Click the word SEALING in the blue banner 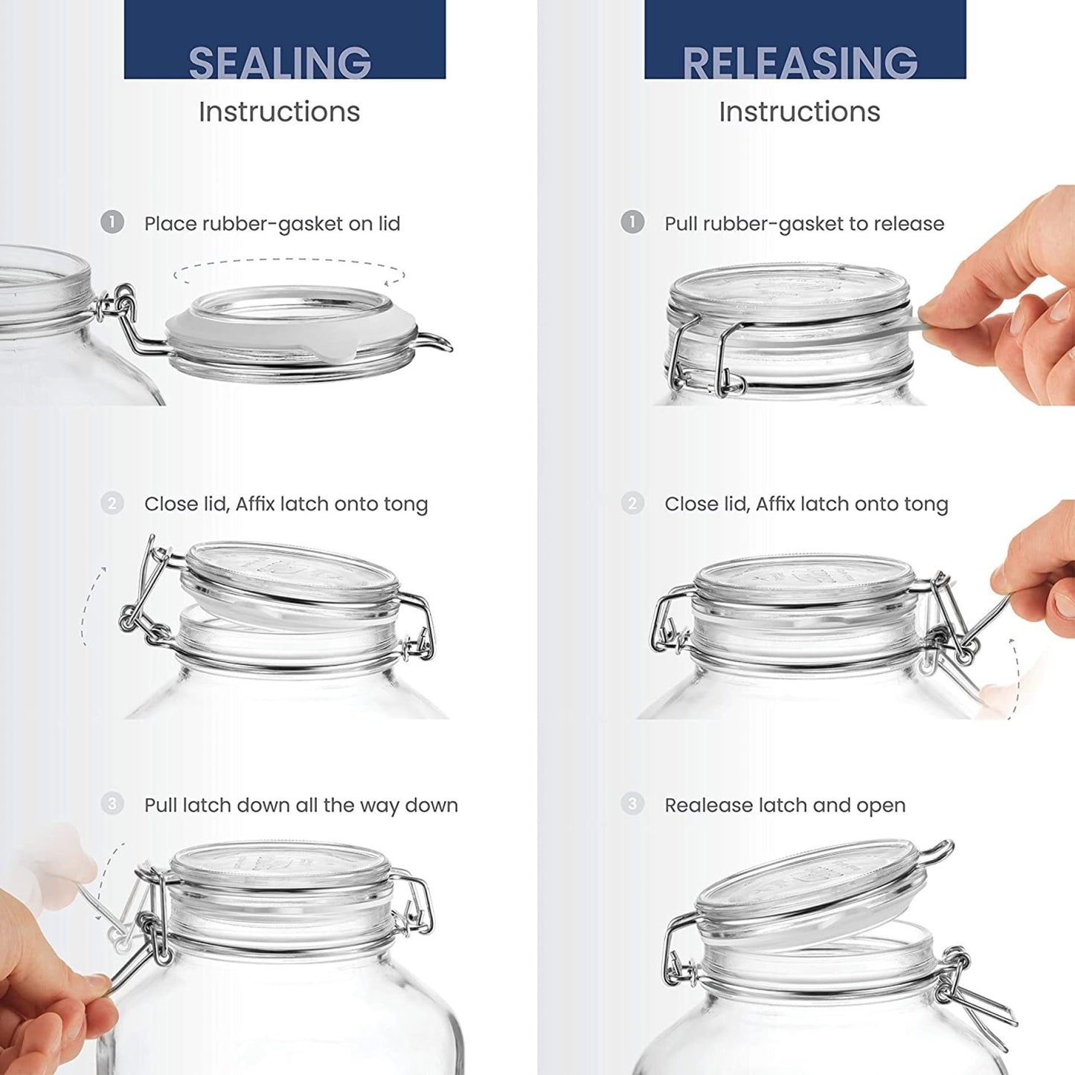click(x=280, y=62)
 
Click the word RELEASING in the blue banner click(x=800, y=62)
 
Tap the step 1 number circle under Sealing click(x=112, y=222)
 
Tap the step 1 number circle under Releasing click(x=632, y=222)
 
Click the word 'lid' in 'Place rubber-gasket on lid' click(x=388, y=223)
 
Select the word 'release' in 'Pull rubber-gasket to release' click(x=908, y=223)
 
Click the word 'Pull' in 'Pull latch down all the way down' click(x=161, y=805)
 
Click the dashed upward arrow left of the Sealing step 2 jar click(x=91, y=604)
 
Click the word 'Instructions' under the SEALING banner click(x=279, y=112)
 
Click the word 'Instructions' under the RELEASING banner click(x=799, y=112)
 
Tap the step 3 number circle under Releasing click(x=632, y=803)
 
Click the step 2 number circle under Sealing click(x=112, y=504)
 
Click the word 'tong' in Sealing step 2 click(x=405, y=504)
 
